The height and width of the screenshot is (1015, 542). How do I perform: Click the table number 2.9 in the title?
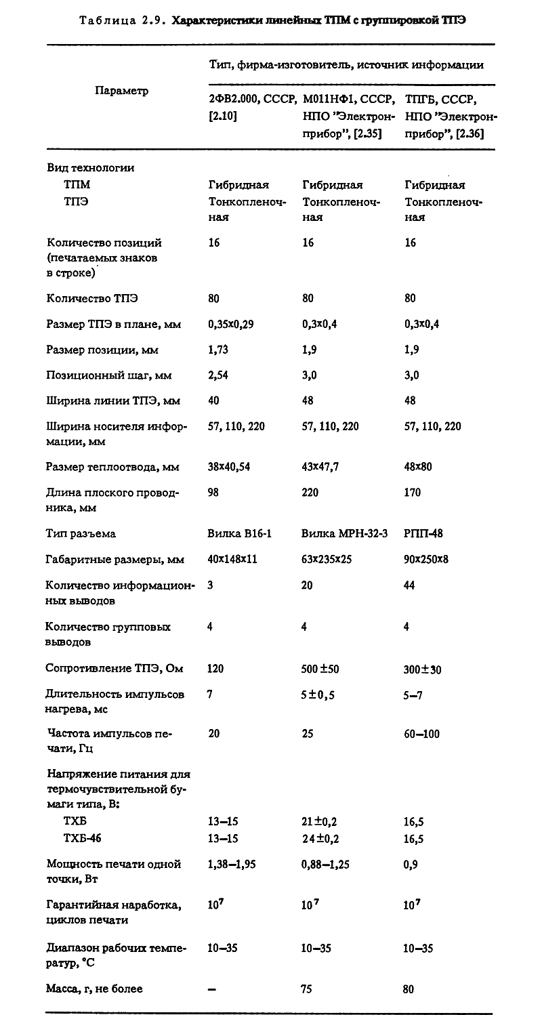tap(150, 20)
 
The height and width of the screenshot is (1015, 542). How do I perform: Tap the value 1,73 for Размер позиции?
tap(217, 350)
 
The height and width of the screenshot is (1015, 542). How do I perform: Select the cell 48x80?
tap(417, 467)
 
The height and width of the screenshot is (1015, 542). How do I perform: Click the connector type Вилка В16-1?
tap(239, 534)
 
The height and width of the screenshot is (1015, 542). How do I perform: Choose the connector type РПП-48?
tap(423, 534)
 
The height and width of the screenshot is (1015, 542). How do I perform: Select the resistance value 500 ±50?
tap(320, 669)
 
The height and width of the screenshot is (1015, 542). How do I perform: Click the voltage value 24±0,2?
tap(320, 839)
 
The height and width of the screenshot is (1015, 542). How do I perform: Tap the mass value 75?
tap(306, 989)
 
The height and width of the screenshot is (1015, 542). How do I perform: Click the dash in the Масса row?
tap(211, 990)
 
